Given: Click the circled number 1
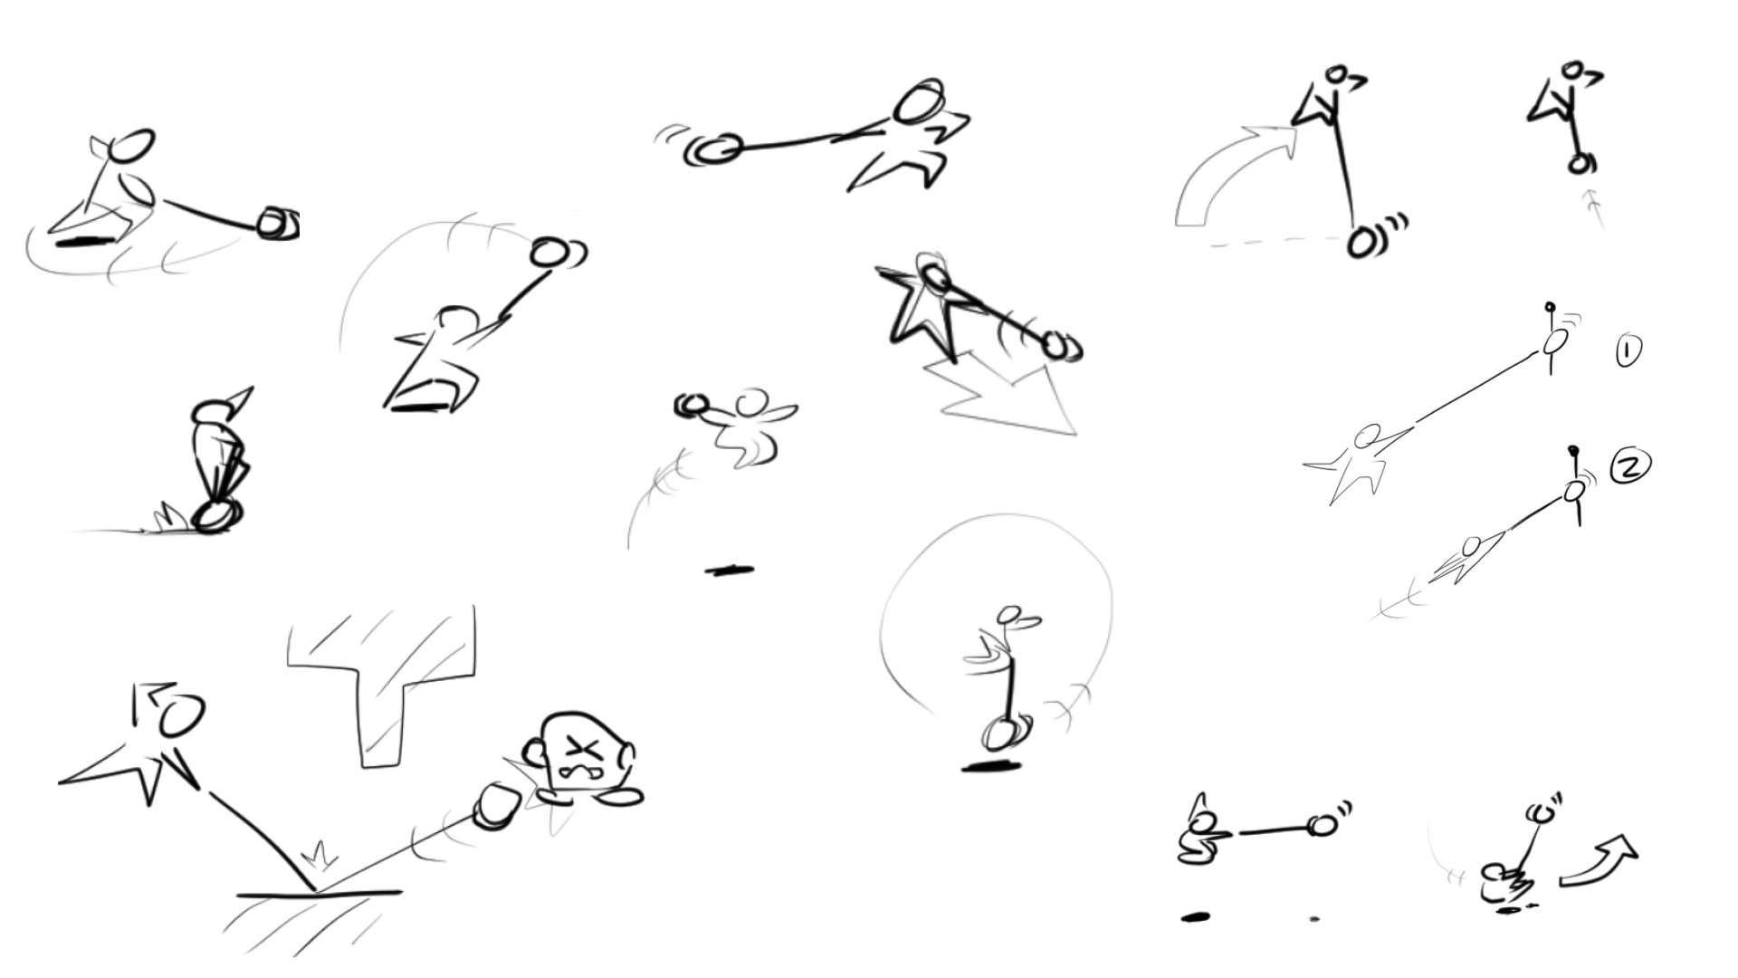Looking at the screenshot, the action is [x=1628, y=351].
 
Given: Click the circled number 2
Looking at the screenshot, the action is [x=1630, y=466].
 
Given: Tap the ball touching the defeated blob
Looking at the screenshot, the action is [x=496, y=805].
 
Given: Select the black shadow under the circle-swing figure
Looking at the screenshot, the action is [x=991, y=767].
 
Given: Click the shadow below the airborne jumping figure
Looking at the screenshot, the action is [x=730, y=570].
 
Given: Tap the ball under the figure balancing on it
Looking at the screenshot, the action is [x=214, y=517].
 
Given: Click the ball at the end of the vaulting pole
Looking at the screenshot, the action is [x=1361, y=243].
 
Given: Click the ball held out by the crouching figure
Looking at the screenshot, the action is [x=1323, y=825].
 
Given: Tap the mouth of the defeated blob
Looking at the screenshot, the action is [x=576, y=772].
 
